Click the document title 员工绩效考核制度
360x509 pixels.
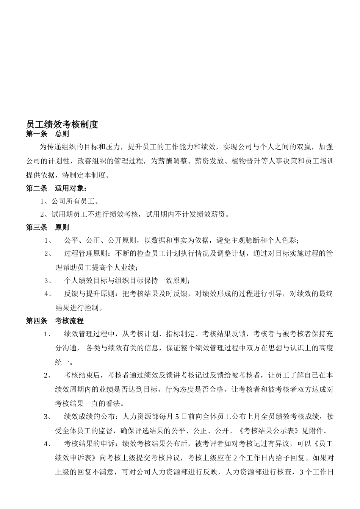(62, 125)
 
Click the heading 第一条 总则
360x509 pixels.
(47, 134)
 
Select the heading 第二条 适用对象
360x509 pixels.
(56, 188)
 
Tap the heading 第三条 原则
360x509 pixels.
(47, 228)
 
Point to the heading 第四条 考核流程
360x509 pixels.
(55, 321)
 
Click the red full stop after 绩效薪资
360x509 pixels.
(227, 215)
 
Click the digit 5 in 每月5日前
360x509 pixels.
(178, 417)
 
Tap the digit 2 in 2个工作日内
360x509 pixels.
(235, 457)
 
